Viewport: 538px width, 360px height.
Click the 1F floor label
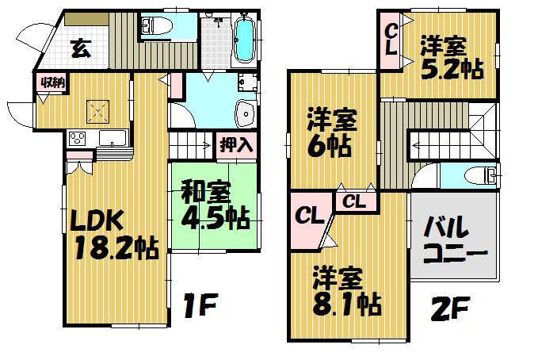[200, 304]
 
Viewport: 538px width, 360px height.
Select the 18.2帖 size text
[112, 249]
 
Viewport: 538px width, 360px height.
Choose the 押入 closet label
[235, 144]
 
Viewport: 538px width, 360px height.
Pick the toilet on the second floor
[485, 174]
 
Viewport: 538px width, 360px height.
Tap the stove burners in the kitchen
[79, 139]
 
